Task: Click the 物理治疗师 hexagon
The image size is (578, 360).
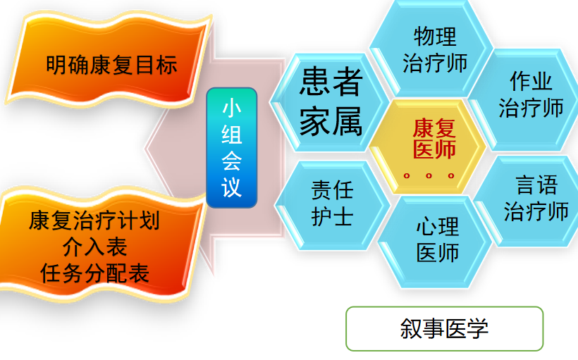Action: coord(434,49)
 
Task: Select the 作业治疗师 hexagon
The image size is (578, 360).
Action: coord(531,95)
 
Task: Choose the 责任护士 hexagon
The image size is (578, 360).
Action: coord(332,203)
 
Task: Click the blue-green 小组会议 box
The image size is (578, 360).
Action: coord(232,148)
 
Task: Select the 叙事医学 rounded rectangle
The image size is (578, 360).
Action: coord(444,328)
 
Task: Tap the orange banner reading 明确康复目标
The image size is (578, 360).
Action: coord(111,66)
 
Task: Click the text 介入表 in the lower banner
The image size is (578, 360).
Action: coord(104,247)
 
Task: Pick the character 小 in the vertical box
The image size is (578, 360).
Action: coord(232,108)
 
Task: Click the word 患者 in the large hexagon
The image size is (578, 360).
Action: coord(330,82)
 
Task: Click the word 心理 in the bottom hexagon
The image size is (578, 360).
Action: coord(437,227)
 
